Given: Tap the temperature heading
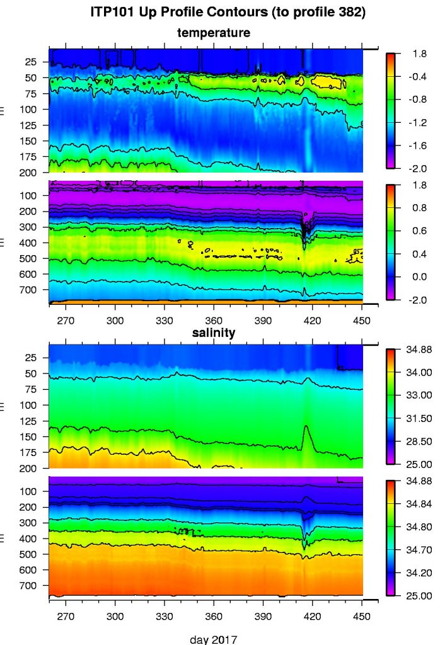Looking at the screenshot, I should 213,32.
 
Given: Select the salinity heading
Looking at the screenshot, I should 214,333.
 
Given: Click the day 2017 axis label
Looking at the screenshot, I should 214,639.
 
